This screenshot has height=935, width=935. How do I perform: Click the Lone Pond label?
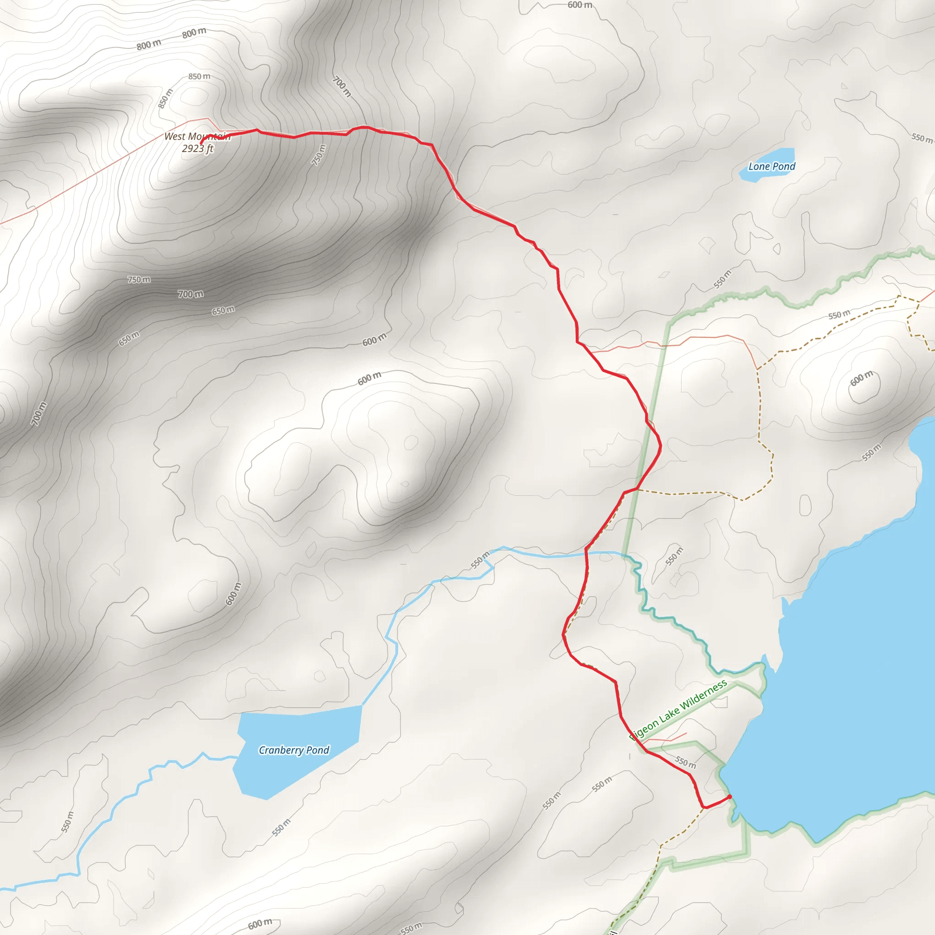point(772,167)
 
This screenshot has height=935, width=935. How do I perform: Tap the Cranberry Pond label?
point(294,750)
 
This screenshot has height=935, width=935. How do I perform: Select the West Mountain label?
point(197,137)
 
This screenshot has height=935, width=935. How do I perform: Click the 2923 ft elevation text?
point(197,148)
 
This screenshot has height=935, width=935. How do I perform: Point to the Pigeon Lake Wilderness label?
point(678,709)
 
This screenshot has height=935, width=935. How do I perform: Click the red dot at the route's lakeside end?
point(729,797)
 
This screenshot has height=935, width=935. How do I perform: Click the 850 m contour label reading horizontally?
point(199,76)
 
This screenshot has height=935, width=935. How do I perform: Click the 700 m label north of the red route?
point(341,87)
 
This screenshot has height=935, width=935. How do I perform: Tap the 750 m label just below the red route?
point(319,155)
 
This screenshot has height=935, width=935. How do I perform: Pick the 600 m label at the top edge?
point(579,5)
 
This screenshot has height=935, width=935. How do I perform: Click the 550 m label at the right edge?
point(921,138)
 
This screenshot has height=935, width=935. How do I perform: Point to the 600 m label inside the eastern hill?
point(861,378)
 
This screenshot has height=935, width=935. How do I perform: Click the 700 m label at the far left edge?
point(39,414)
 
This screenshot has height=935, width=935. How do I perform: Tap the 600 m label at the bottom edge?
point(260,924)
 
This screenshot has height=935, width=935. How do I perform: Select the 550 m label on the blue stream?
point(480,559)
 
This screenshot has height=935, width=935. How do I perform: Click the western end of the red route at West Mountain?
point(201,143)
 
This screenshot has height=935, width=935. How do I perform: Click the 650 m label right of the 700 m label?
point(223,310)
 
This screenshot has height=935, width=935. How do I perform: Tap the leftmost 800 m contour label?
point(148,45)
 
